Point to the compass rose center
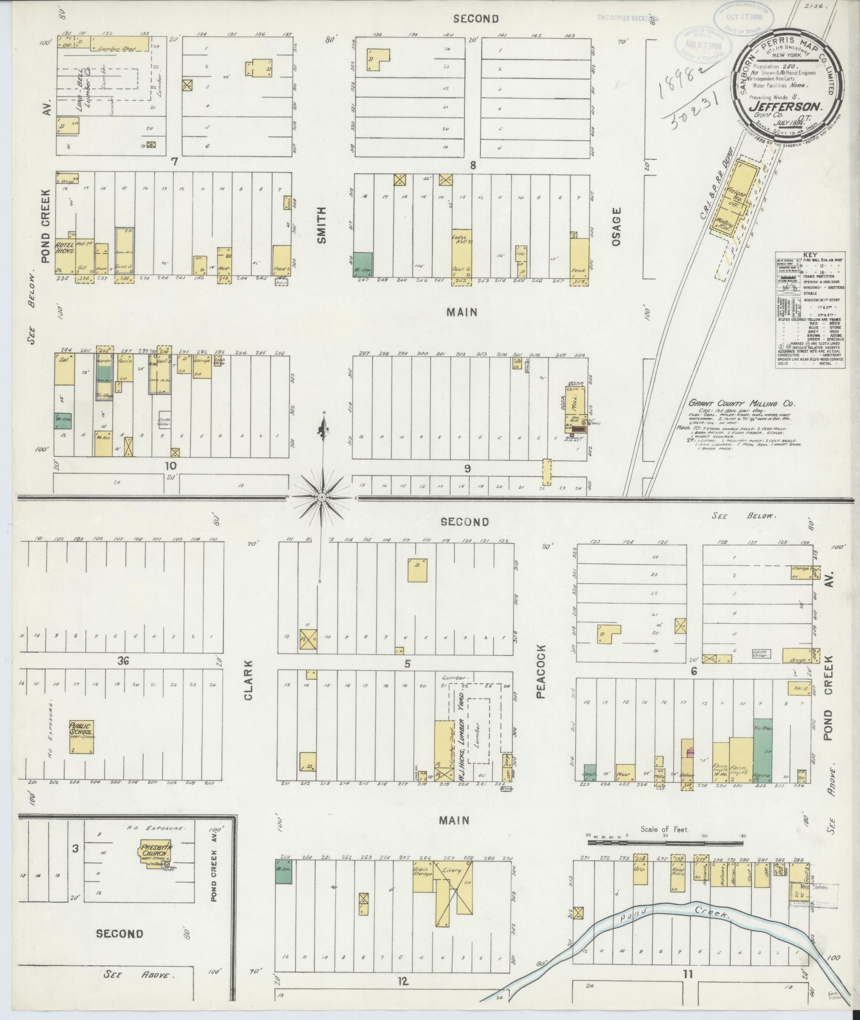pos(322,497)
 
